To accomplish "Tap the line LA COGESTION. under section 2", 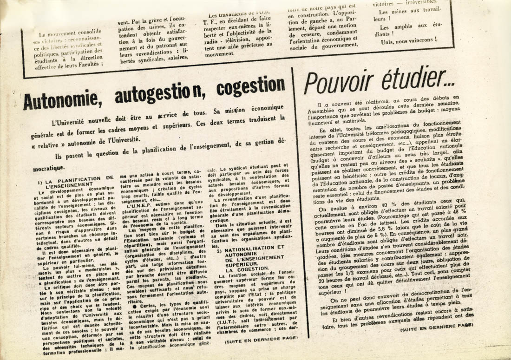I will pyautogui.click(x=248, y=268).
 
